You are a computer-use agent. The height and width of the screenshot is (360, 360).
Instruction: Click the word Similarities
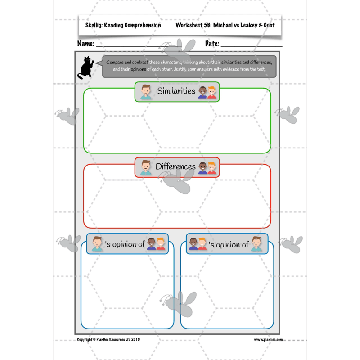click(x=176, y=91)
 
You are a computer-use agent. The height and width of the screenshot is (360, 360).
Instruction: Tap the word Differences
click(x=175, y=166)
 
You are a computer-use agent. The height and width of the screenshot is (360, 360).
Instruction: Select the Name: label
click(x=85, y=44)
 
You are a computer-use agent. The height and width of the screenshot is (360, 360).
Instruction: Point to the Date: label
click(x=212, y=44)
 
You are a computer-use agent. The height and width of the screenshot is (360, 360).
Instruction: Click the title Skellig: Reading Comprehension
click(x=123, y=25)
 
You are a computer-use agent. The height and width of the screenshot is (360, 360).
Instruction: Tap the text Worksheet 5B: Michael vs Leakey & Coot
click(x=225, y=25)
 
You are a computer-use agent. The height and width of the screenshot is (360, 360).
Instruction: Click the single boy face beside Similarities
click(x=145, y=92)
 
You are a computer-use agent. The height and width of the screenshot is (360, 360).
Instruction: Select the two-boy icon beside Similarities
click(x=207, y=92)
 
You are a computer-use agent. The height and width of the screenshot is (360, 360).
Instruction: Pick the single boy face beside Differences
click(x=145, y=167)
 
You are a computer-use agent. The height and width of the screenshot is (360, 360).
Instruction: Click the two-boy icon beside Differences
click(x=207, y=168)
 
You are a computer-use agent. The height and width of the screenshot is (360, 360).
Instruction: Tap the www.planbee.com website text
click(x=268, y=340)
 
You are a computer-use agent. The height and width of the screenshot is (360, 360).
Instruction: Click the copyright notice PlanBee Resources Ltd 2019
click(x=108, y=340)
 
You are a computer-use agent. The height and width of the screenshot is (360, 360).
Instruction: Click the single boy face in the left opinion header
click(x=97, y=244)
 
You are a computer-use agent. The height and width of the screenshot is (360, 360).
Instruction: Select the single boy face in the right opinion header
click(x=256, y=244)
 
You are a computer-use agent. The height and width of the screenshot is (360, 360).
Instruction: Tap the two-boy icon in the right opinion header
click(x=198, y=244)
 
